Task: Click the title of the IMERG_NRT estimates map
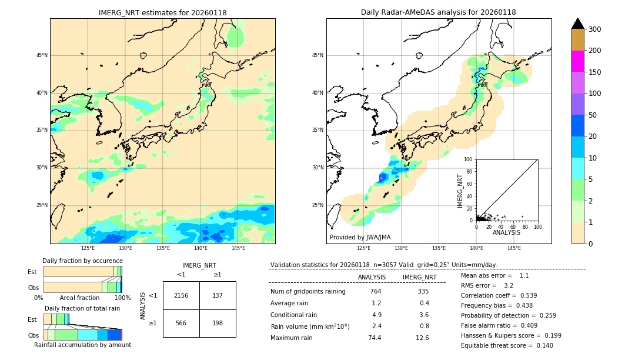[162, 13]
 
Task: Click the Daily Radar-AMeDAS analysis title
[439, 13]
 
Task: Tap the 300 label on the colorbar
[594, 29]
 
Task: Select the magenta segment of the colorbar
[578, 61]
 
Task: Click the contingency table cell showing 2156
[181, 295]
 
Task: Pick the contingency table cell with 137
[218, 295]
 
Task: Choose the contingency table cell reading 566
[181, 323]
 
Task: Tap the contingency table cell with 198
[218, 323]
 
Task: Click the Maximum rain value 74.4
[375, 338]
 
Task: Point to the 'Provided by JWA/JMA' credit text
[360, 238]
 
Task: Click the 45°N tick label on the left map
[42, 55]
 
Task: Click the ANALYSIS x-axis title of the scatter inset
[507, 232]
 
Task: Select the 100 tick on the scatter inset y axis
[469, 159]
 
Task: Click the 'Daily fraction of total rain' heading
[82, 308]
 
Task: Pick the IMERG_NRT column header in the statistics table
[419, 277]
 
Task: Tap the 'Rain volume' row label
[310, 326]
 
